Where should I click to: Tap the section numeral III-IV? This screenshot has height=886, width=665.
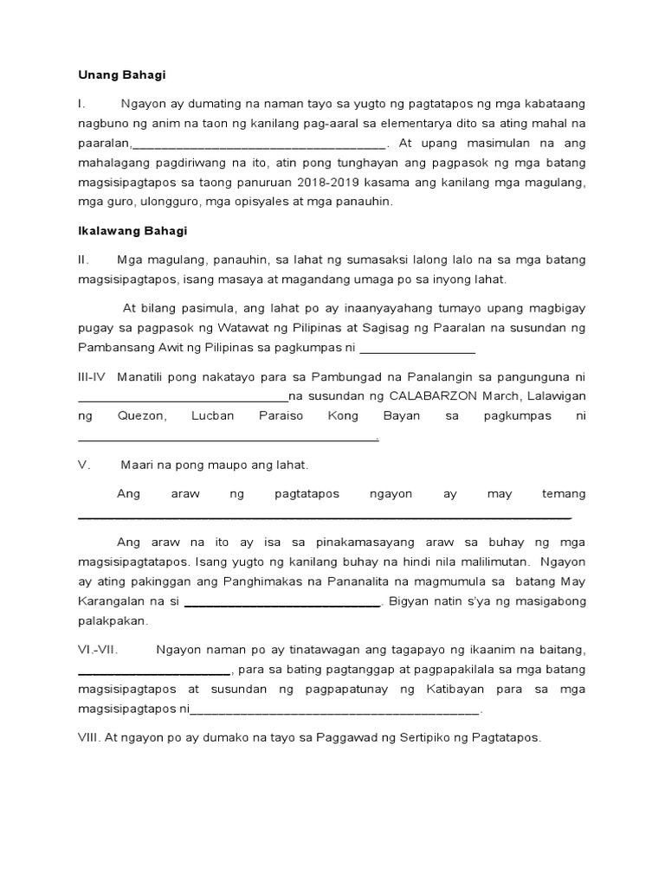(91, 376)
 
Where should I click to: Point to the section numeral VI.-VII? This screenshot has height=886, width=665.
(98, 650)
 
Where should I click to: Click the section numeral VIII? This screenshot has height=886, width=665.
(89, 738)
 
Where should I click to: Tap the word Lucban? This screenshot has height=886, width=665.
(211, 416)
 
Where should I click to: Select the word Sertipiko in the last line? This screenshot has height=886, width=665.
(404, 738)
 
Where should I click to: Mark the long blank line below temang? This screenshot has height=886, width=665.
(325, 517)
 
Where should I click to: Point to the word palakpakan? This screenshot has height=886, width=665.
(113, 621)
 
